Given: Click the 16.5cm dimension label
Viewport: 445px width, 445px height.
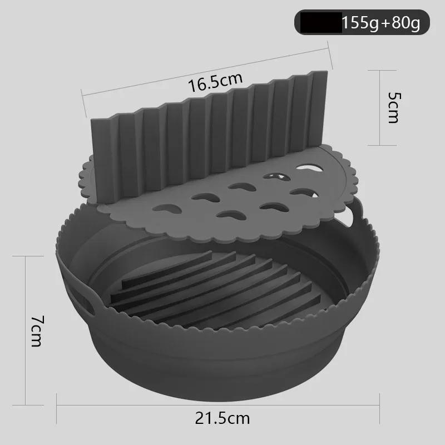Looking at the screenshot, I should (x=215, y=83).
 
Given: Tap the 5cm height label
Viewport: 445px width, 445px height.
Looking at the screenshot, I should (x=393, y=107).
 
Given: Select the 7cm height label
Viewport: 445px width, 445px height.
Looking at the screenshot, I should (x=36, y=330).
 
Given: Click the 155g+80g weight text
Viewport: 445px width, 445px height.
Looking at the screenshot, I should (x=381, y=24).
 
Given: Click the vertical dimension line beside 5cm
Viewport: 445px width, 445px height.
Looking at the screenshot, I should (x=380, y=107).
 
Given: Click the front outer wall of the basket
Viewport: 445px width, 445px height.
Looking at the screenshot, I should (x=222, y=362).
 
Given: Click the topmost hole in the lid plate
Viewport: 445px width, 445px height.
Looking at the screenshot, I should (x=305, y=165).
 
